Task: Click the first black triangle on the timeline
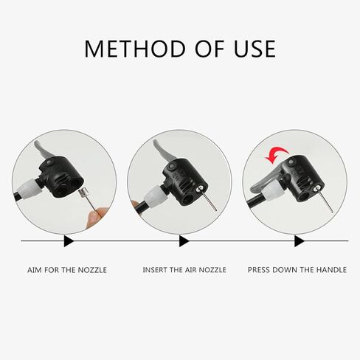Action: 69,241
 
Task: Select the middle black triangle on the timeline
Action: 184,241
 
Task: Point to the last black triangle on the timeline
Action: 299,241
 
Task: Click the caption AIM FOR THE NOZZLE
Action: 67,270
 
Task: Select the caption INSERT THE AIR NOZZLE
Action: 184,270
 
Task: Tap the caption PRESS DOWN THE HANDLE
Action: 297,270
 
